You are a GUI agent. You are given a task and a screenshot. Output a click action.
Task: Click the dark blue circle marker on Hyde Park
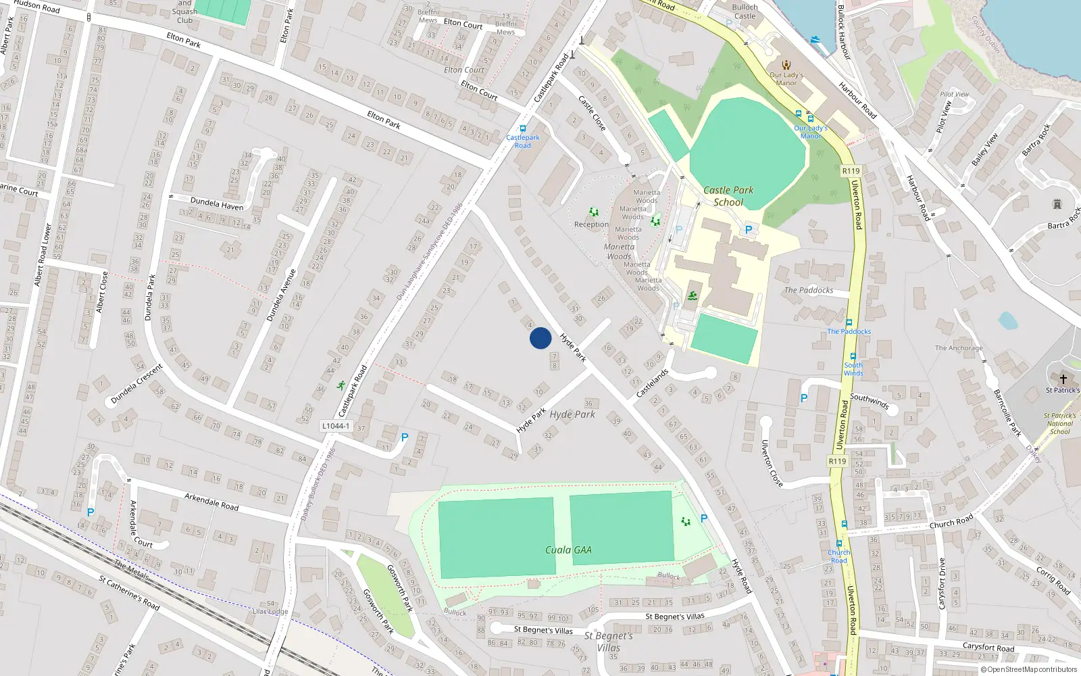(540, 338)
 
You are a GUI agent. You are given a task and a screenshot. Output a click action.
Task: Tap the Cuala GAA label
(568, 550)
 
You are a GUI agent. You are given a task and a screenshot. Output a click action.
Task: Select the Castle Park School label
(728, 196)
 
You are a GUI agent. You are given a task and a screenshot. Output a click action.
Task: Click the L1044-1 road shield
(336, 426)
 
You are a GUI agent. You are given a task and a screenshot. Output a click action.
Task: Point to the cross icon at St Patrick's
(1063, 379)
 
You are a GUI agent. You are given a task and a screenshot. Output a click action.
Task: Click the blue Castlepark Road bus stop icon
(522, 128)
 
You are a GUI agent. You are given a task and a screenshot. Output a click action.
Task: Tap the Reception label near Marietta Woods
(591, 224)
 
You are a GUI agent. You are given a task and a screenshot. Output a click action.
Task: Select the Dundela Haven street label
(216, 203)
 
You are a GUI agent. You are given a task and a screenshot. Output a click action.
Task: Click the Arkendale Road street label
(211, 502)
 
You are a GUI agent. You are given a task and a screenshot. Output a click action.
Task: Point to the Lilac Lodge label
(270, 611)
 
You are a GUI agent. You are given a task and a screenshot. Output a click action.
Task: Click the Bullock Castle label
(745, 11)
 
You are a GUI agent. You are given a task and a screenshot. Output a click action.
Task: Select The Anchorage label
(959, 348)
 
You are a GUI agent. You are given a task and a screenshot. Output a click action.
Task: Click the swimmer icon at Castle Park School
(693, 295)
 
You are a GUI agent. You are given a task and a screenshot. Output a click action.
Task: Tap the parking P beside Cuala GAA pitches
(703, 518)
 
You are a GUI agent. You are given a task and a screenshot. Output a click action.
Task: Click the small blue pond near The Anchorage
(1007, 320)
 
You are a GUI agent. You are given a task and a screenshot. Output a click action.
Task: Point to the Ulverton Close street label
(772, 463)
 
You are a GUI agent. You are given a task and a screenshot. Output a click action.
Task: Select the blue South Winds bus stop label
(853, 369)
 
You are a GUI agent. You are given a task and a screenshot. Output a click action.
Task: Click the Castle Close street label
(592, 113)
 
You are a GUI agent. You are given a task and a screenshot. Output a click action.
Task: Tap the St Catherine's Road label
(129, 593)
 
